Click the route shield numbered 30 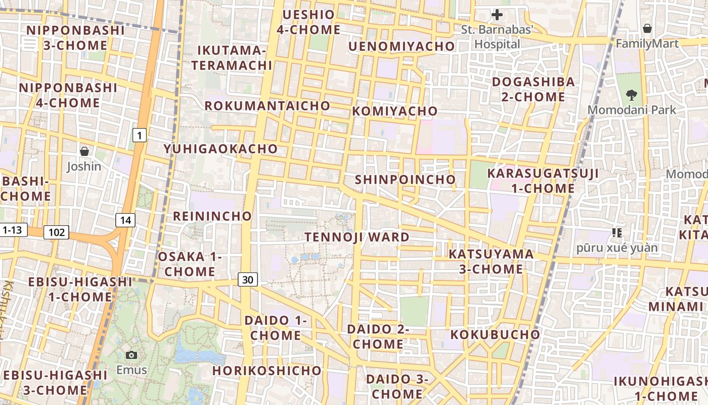248,279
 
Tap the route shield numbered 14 125,220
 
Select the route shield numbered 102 56,232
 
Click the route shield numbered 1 140,135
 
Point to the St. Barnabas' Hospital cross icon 497,15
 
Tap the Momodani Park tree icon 631,94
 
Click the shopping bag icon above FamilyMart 647,28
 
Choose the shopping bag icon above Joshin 84,151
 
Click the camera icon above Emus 131,355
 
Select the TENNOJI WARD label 357,237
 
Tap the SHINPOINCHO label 405,180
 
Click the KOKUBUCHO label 495,335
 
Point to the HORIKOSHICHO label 267,371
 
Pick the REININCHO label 212,216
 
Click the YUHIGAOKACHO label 221,149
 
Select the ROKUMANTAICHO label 267,106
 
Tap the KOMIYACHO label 394,111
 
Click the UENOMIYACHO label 402,47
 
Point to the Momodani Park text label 632,109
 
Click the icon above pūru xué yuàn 616,233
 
